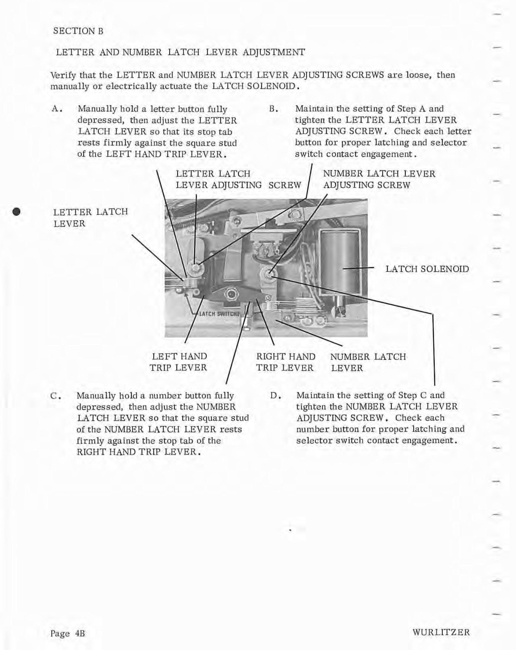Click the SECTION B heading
(78, 31)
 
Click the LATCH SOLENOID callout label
(427, 269)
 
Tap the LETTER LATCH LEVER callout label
(90, 218)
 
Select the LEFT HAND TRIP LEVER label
(178, 362)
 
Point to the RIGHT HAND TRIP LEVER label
(286, 362)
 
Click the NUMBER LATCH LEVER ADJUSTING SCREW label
(379, 179)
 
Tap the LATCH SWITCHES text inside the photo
(219, 314)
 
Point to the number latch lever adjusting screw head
(267, 273)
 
